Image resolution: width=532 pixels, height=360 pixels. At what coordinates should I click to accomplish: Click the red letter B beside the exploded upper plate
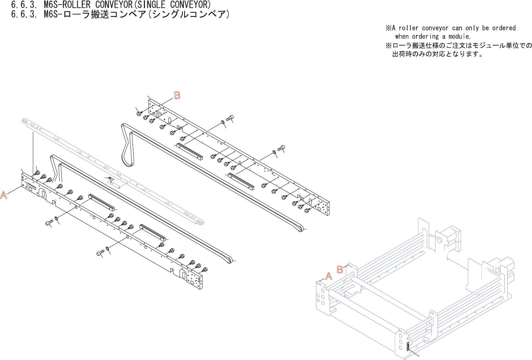177,95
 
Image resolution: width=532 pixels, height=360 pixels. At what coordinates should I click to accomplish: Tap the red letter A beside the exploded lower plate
4,195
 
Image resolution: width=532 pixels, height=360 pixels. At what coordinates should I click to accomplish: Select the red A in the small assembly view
329,276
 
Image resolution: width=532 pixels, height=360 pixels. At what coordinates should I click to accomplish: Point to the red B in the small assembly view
340,270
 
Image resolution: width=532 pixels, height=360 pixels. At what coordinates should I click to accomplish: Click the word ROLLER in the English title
76,5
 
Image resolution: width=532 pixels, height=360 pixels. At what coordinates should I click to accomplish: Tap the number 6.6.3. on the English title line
24,5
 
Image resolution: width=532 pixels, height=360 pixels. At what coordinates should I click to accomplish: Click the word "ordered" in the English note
504,28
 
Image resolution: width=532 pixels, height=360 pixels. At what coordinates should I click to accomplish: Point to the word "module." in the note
459,36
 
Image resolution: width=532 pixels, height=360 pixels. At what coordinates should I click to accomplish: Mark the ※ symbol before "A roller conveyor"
388,28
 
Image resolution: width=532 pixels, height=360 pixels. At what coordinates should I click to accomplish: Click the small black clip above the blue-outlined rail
110,179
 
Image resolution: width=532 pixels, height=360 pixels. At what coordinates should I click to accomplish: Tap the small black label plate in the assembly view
408,346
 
